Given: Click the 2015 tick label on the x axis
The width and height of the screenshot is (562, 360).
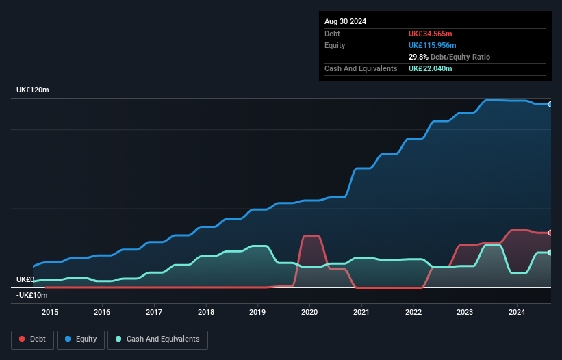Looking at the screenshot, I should coord(50,313).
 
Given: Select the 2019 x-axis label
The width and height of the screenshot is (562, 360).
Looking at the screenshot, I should coord(257,313).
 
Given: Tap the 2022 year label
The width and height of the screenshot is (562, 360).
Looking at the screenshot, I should coord(413,313).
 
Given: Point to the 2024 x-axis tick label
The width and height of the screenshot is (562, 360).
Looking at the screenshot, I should coord(517,313).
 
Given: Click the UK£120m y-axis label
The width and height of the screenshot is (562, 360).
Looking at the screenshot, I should coord(33,90).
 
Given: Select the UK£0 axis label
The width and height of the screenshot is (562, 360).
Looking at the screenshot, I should coord(25,279).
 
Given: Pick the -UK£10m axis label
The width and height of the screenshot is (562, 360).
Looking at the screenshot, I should coord(31,295).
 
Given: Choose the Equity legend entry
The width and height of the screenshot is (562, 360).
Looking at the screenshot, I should coord(81,339).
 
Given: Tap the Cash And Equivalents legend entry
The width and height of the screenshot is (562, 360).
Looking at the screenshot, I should coord(157,339).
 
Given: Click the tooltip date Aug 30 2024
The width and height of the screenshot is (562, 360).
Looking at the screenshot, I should coord(346,21).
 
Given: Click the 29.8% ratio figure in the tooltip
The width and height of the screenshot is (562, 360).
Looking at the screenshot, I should coord(418,57).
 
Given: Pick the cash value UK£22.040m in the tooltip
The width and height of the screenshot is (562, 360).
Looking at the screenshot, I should coord(431,68).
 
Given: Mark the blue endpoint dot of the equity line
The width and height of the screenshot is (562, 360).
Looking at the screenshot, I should coord(550,104).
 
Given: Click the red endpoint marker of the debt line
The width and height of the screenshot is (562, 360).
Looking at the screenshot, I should coord(550,233).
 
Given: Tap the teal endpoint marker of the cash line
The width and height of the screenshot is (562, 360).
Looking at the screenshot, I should coord(550,253).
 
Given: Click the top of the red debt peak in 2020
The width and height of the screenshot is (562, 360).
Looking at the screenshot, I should coord(310,236).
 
